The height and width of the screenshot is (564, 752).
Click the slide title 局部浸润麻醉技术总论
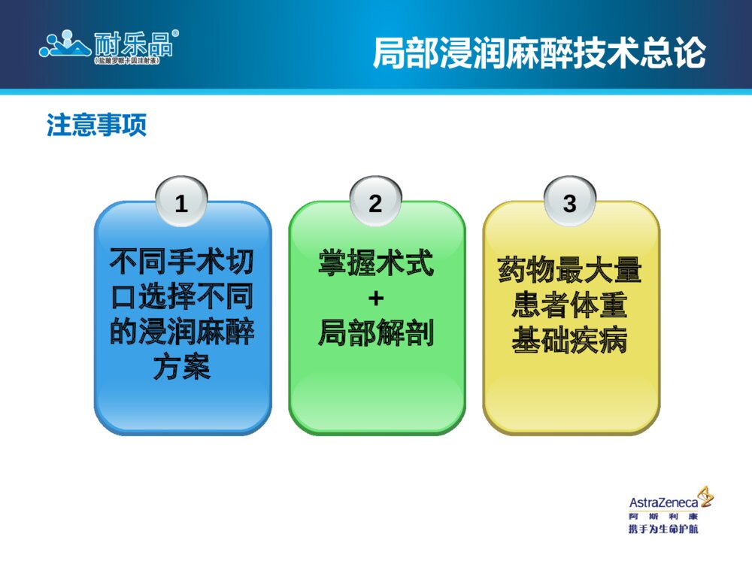pos(539,53)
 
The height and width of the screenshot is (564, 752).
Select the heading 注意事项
pos(96,125)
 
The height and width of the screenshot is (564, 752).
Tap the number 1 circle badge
pos(180,203)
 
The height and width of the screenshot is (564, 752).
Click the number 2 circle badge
pos(375,203)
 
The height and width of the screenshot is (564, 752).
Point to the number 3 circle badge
pos(570,203)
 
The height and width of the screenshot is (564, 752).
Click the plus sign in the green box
pos(376,299)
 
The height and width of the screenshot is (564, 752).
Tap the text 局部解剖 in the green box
pos(376,332)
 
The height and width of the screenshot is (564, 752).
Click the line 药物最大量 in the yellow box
pos(570,271)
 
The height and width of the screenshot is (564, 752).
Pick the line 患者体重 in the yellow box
pos(570,305)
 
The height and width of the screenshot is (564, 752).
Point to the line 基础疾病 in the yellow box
pos(570,340)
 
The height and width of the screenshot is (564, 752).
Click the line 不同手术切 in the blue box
pos(182,262)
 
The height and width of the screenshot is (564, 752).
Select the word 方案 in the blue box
pos(182,367)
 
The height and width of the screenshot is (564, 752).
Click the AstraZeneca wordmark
pos(663,502)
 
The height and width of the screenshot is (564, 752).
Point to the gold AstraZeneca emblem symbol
pos(705,496)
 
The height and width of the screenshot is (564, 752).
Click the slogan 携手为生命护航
pos(663,530)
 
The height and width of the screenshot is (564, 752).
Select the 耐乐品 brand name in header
pos(132,44)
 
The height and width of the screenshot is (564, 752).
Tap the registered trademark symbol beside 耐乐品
pos(175,34)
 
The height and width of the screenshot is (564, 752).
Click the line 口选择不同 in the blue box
pos(182,297)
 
